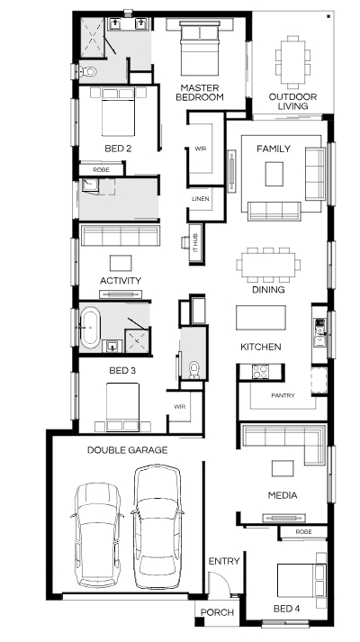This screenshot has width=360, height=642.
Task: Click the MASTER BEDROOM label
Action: point(199,93)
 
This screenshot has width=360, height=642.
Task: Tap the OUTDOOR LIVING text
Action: point(292,102)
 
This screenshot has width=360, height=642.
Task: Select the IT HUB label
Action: point(195,242)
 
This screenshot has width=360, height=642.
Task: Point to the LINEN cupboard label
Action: point(201,199)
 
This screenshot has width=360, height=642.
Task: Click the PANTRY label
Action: point(283,396)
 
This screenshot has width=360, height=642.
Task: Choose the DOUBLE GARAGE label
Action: point(127,450)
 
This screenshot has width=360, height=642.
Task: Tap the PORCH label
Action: point(217,612)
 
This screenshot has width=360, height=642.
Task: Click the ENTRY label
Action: point(224,561)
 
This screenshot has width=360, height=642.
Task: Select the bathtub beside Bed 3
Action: point(90,328)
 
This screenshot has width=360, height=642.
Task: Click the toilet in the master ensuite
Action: point(87,72)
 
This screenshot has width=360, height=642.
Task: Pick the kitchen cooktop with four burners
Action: point(260,372)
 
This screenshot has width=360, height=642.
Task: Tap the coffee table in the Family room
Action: point(274,174)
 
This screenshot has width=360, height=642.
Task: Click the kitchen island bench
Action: point(261,317)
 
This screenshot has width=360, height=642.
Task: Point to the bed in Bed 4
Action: point(301,580)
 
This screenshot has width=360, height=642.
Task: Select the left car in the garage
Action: point(97,536)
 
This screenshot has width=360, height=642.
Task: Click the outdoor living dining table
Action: point(292,62)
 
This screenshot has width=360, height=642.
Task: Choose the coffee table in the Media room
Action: point(283,468)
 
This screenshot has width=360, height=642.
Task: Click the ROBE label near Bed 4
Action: point(303,532)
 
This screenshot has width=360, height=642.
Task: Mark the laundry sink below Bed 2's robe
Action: point(90,185)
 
